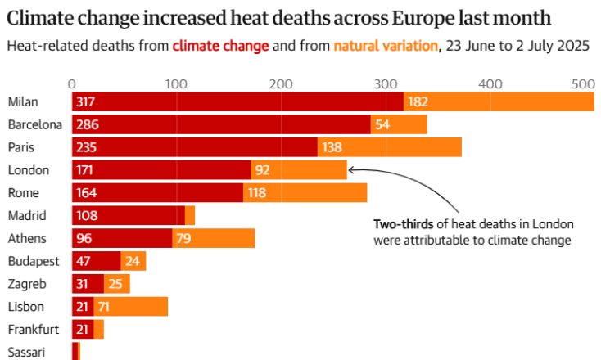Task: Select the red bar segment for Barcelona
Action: pyautogui.click(x=221, y=124)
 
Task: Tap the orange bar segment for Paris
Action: pyautogui.click(x=389, y=147)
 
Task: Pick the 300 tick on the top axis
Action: pyautogui.click(x=385, y=83)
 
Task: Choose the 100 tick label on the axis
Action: pyautogui.click(x=176, y=83)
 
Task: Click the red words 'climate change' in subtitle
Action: pyautogui.click(x=220, y=46)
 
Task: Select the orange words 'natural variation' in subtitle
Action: pyautogui.click(x=386, y=46)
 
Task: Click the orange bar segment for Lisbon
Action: pyautogui.click(x=131, y=307)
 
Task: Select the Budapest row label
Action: pyautogui.click(x=34, y=261)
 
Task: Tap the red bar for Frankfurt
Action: pyautogui.click(x=83, y=330)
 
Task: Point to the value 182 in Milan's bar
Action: pyautogui.click(x=418, y=101)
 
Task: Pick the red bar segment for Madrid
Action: pyautogui.click(x=129, y=216)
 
